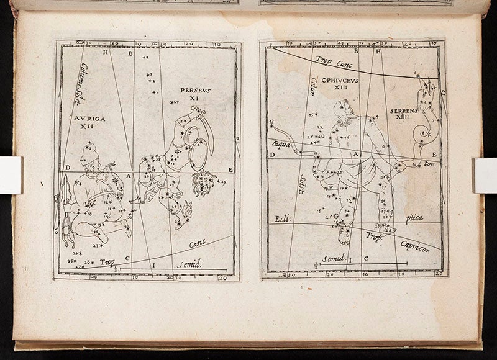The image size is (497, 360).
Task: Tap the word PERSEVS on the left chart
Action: click(195, 90)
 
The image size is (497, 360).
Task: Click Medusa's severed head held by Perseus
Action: click(203, 182)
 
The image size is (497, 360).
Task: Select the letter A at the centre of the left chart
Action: click(129, 176)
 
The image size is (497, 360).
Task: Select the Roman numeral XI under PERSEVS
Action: click(194, 98)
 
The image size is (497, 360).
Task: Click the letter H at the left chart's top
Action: click(106, 53)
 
